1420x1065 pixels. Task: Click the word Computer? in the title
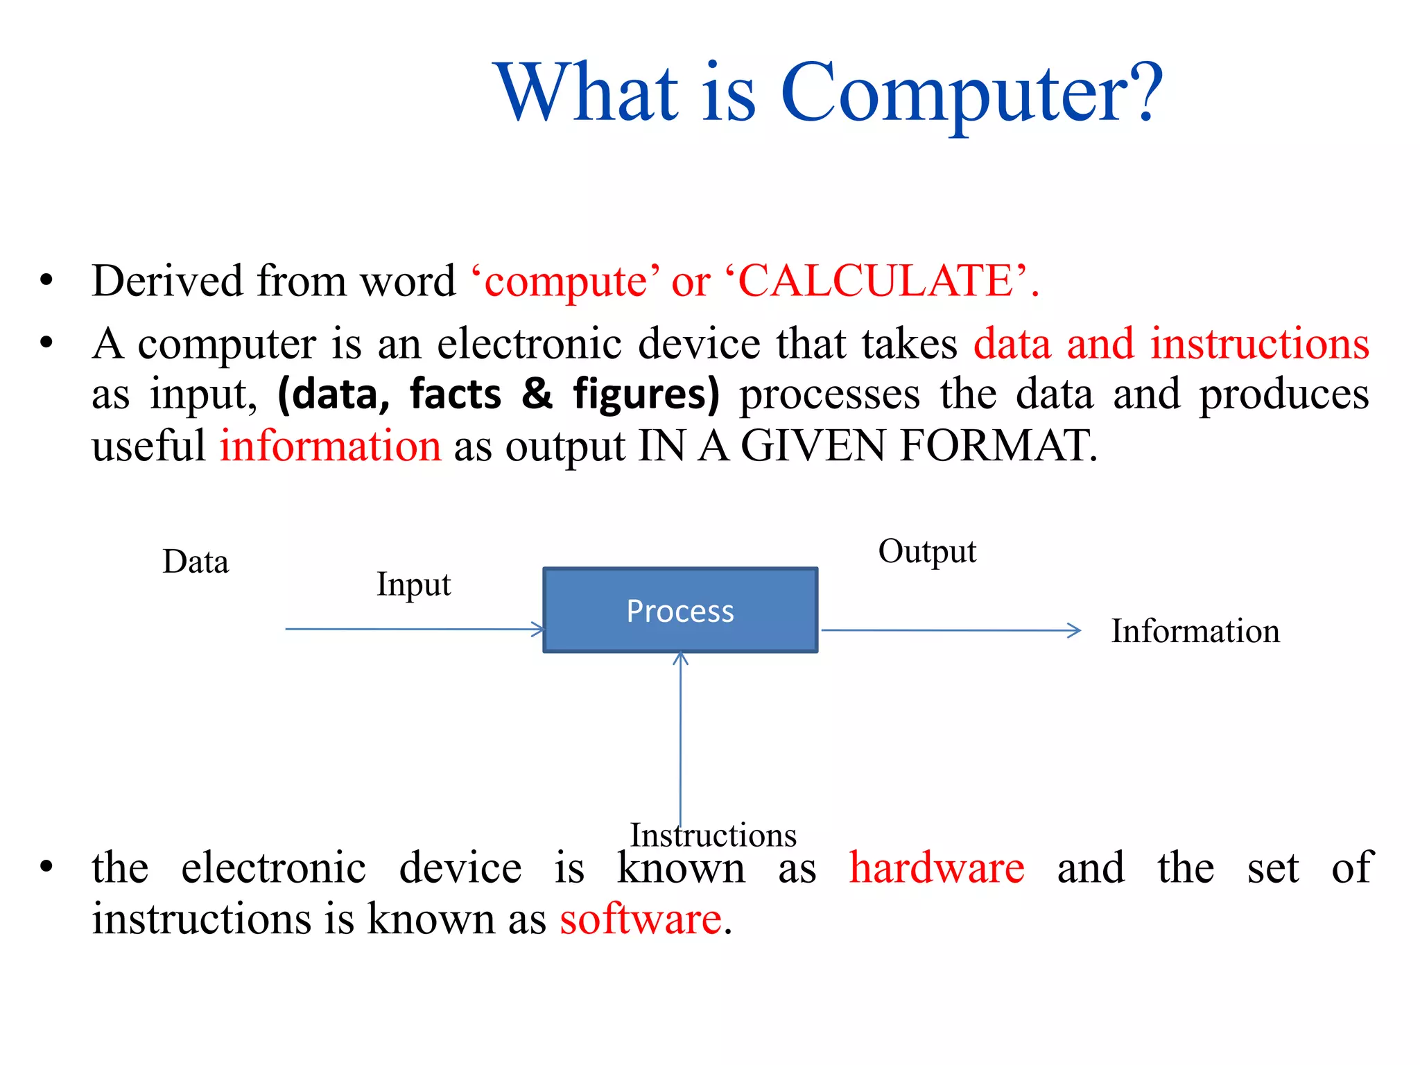coord(971,94)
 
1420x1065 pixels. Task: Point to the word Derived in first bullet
coord(167,281)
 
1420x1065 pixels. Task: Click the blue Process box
coord(680,610)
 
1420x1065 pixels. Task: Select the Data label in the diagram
coord(196,562)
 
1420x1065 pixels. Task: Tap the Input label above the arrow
coord(413,585)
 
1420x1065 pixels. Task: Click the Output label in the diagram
coord(927,552)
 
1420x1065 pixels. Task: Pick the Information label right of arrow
coord(1195,631)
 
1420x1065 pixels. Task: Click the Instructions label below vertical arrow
coord(713,835)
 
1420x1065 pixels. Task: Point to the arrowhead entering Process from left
coord(539,629)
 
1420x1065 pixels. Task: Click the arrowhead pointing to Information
coord(1074,630)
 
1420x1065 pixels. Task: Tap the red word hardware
coord(937,868)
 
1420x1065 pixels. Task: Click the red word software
coord(641,919)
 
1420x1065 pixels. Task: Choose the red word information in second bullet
coord(331,445)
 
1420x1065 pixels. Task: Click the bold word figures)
coord(646,394)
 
